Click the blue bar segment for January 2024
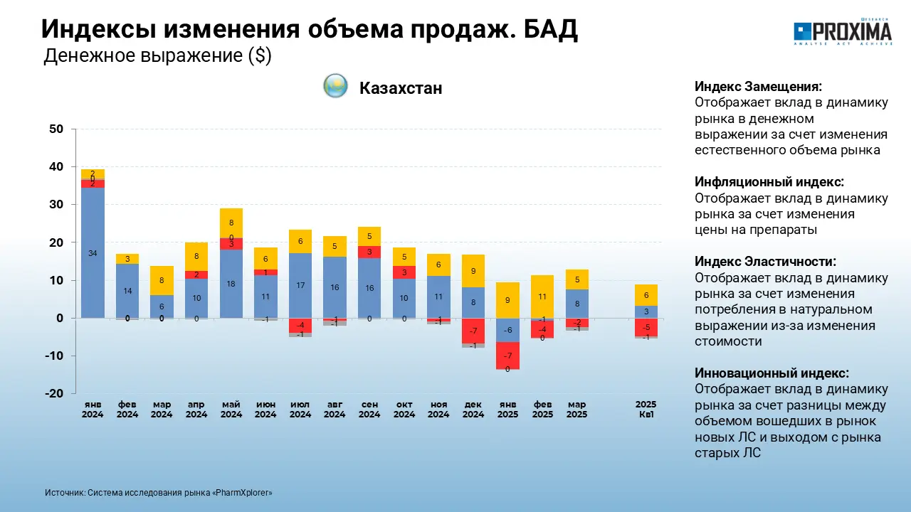[93, 270]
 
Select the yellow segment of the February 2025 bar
[542, 296]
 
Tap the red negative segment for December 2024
[473, 331]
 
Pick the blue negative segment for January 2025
[508, 330]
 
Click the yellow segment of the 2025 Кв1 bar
[646, 294]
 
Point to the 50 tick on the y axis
[56, 129]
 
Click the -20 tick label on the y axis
[54, 394]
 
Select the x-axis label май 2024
[231, 410]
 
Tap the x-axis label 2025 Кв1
[646, 410]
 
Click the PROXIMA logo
[843, 32]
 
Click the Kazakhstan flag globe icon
[335, 86]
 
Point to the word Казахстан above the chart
[401, 88]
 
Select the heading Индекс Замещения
[758, 87]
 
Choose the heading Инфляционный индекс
[769, 182]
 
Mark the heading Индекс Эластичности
[765, 262]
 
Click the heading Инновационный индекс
[772, 373]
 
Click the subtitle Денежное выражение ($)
[157, 56]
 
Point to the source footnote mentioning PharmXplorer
[158, 493]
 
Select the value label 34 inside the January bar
[93, 254]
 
